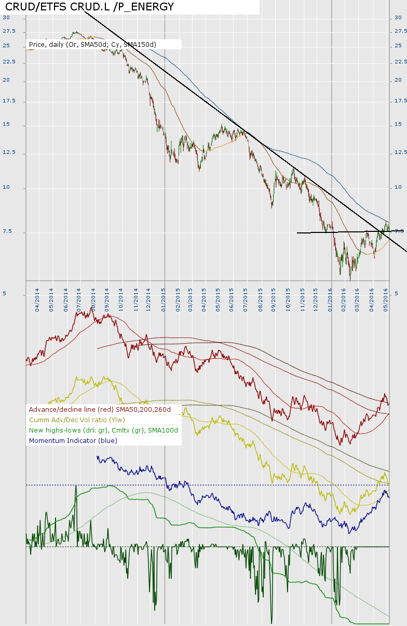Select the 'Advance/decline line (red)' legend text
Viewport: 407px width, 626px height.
(100, 410)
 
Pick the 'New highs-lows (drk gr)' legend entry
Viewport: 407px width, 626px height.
(103, 431)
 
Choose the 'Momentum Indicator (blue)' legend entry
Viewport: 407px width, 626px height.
(73, 441)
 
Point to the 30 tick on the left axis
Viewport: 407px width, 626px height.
(6, 17)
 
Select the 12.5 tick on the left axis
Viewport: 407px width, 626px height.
(9, 153)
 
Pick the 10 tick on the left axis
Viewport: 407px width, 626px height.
(7, 188)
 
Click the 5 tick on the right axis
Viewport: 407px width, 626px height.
(397, 294)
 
